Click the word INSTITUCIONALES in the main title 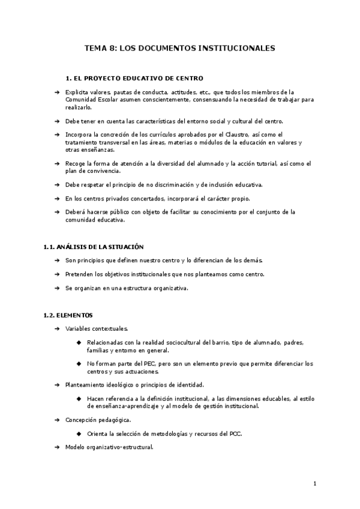coord(236,48)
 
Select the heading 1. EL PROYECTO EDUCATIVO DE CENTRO coord(134,78)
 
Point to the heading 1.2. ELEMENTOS coord(67,315)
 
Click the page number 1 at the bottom coord(314,484)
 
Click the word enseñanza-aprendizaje coord(121,406)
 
